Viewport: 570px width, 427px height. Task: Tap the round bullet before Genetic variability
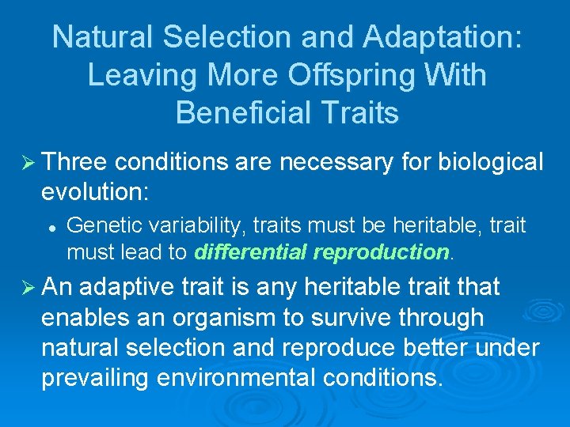pos(51,227)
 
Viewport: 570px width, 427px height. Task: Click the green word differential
pos(252,252)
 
